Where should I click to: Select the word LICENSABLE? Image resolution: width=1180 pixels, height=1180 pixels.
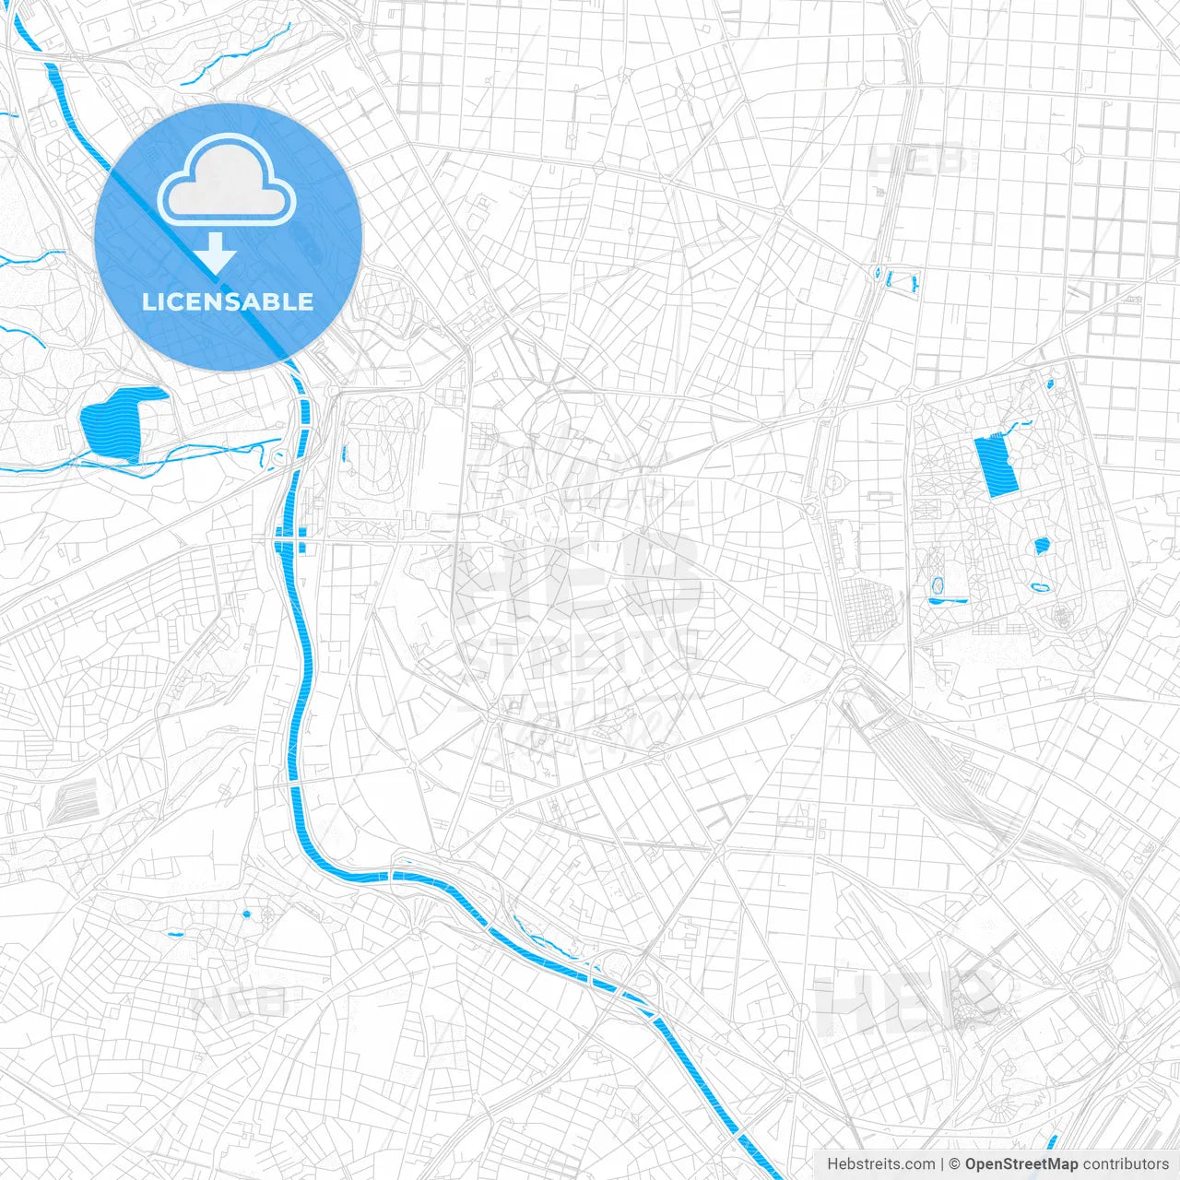[x=228, y=301]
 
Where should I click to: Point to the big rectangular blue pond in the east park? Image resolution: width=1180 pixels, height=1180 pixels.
[x=996, y=466]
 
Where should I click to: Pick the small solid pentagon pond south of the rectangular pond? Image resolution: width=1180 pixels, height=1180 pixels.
[x=1042, y=546]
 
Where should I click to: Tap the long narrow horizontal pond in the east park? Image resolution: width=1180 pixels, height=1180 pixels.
[x=948, y=600]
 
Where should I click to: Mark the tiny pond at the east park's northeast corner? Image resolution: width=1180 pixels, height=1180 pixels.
[x=1050, y=381]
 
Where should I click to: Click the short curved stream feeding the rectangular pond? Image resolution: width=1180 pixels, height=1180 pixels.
[x=1018, y=426]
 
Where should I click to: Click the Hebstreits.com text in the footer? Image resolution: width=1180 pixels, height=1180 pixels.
[x=880, y=1164]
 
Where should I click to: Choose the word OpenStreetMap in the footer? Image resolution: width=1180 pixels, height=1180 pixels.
[x=1021, y=1164]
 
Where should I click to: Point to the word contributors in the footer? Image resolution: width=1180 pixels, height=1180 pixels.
[x=1126, y=1164]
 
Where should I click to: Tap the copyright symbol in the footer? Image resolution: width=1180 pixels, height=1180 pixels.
[x=954, y=1164]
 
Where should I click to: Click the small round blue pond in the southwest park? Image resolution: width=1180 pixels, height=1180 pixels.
[x=246, y=914]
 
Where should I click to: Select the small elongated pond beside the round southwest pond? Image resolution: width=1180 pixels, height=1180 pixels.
[x=175, y=935]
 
